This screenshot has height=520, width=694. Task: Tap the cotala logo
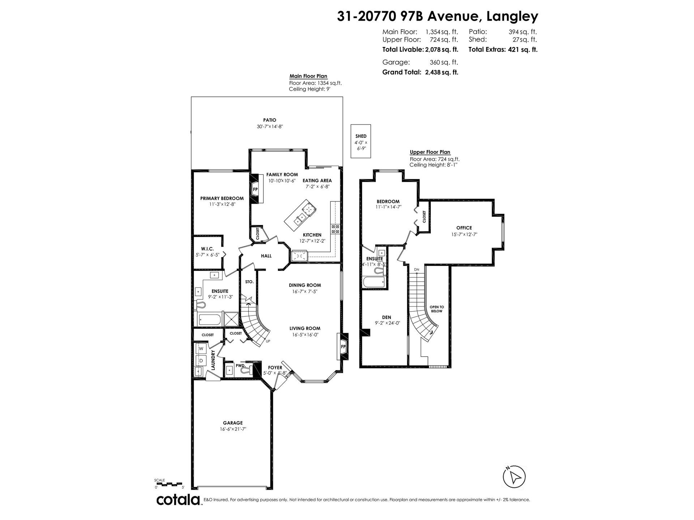pyautogui.click(x=179, y=500)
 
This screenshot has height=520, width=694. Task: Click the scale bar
pyautogui.click(x=169, y=484)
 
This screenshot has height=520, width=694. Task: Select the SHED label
pyautogui.click(x=361, y=136)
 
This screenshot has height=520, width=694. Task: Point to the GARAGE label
pyautogui.click(x=232, y=423)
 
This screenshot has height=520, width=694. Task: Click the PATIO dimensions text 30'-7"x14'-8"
pyautogui.click(x=270, y=127)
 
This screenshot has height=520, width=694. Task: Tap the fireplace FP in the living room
pyautogui.click(x=343, y=347)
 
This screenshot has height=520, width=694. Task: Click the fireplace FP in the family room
pyautogui.click(x=255, y=189)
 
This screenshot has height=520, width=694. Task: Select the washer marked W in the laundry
pyautogui.click(x=201, y=348)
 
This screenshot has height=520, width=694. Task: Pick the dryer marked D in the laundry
pyautogui.click(x=201, y=360)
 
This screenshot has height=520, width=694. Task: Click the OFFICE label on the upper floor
pyautogui.click(x=464, y=228)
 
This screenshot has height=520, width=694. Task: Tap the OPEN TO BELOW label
pyautogui.click(x=437, y=309)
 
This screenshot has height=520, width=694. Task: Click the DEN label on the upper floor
pyautogui.click(x=386, y=317)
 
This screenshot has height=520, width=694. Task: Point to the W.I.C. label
pyautogui.click(x=207, y=249)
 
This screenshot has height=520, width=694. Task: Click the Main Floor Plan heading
pyautogui.click(x=308, y=76)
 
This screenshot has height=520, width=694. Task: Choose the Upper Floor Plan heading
pyautogui.click(x=430, y=152)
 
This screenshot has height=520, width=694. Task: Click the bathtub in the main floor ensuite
pyautogui.click(x=210, y=319)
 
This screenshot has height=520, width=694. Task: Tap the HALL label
pyautogui.click(x=266, y=256)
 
